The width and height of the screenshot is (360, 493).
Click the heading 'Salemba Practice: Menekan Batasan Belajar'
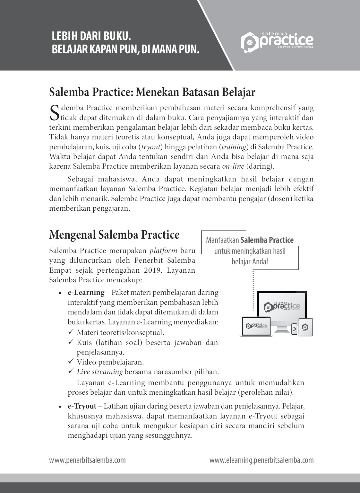click(152, 92)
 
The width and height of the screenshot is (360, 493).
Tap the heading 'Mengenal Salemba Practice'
click(114, 235)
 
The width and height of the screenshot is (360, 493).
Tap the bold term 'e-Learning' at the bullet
click(86, 293)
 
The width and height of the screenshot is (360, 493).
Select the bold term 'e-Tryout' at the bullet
click(82, 406)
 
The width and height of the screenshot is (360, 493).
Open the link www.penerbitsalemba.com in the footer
click(87, 460)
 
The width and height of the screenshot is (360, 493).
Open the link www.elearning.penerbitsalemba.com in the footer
click(261, 460)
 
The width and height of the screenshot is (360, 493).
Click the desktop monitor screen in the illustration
click(282, 307)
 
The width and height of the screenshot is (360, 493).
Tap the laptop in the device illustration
click(256, 327)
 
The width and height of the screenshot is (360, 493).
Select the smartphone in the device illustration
click(294, 329)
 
